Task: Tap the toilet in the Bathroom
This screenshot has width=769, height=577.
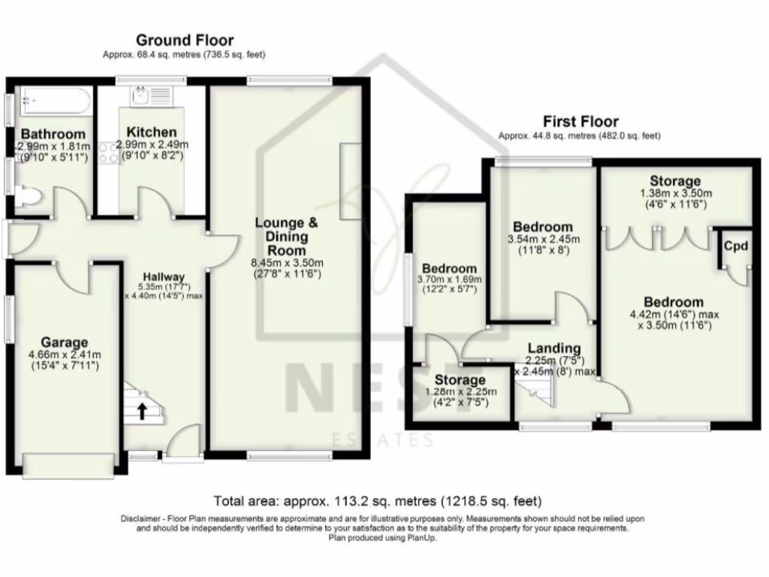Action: click(x=28, y=198)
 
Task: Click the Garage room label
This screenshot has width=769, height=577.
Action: click(x=64, y=343)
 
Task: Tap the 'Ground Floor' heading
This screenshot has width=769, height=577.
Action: click(x=184, y=41)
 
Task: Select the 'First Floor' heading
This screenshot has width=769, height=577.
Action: click(x=581, y=121)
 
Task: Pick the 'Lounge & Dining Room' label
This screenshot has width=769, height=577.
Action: click(x=286, y=236)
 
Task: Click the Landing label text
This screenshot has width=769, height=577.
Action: click(x=553, y=348)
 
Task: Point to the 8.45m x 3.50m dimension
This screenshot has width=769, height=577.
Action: click(x=287, y=263)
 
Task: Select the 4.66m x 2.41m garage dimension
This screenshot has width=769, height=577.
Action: click(x=64, y=355)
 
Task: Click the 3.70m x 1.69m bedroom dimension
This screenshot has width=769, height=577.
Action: click(x=449, y=282)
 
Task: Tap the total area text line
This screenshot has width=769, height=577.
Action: click(x=378, y=500)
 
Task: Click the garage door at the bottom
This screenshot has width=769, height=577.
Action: click(x=69, y=466)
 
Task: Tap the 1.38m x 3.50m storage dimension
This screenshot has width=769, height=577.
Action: click(x=675, y=193)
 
